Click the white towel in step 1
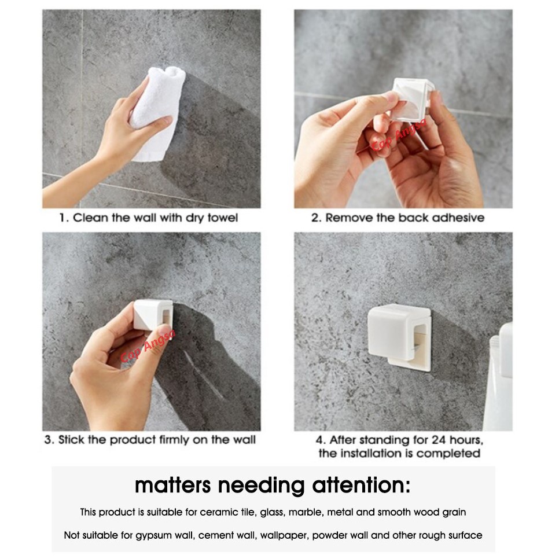point(158,112)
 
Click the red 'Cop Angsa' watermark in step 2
point(399,134)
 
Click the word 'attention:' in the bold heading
point(361,486)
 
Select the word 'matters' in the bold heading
point(173,486)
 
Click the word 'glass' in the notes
point(273,513)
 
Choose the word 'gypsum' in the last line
point(150,536)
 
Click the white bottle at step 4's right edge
point(500,376)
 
